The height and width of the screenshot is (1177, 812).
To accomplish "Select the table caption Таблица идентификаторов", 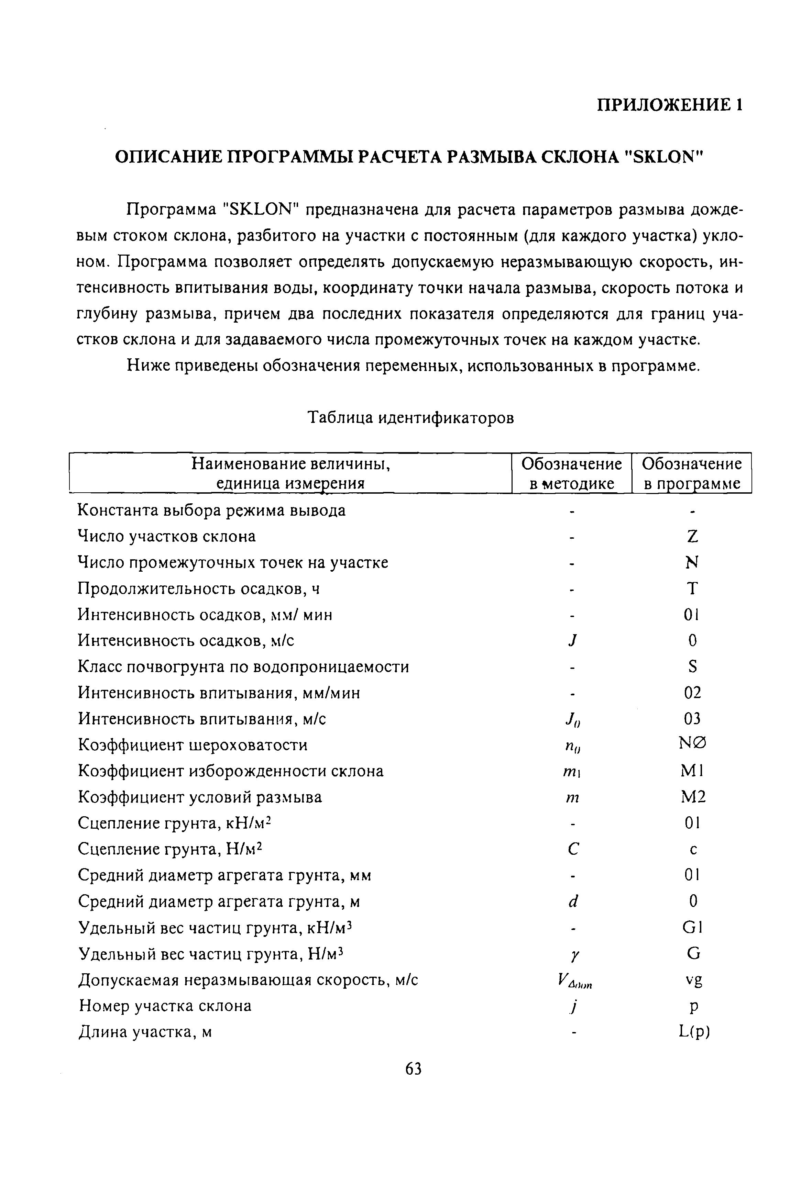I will coord(412,418).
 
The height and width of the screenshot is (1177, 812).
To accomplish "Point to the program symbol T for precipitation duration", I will coord(692,589).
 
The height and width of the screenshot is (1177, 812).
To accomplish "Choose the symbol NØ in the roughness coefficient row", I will coord(692,744).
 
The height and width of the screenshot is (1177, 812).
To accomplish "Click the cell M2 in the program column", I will coord(693,797).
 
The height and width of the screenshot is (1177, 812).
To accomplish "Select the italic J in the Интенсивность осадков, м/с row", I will coord(573,641).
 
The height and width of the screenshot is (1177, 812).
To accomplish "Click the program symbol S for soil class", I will coord(692,666).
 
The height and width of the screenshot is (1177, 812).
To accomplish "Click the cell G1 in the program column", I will coord(692,928).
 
